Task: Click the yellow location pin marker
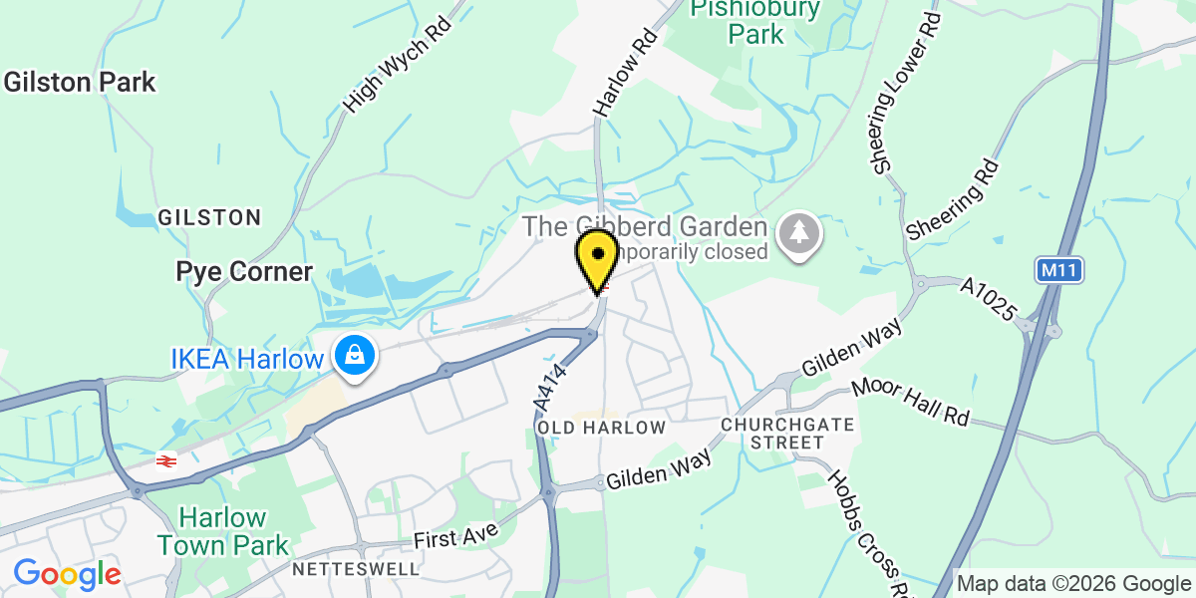coord(597,257)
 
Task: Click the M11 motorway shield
coord(1058,270)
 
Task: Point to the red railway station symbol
coord(166,459)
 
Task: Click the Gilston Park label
coord(80,82)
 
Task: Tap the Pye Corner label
coord(244,271)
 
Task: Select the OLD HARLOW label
coord(601,428)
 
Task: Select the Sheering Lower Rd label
coord(906,95)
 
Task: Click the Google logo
coord(67,573)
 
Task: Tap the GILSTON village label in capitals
coord(209,217)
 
